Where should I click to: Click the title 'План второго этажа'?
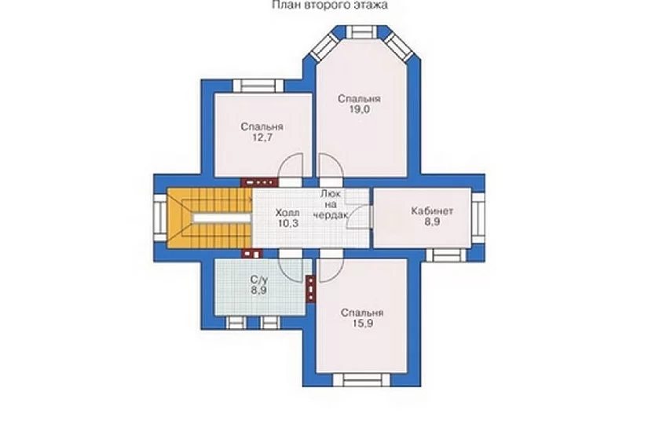tap(330, 5)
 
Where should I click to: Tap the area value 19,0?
tap(359, 109)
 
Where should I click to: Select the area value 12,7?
tap(262, 137)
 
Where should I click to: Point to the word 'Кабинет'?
tap(432, 211)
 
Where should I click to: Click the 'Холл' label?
tap(287, 214)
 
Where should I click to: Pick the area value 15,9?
tap(362, 324)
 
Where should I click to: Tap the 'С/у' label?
tap(258, 280)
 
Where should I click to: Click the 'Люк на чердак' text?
tap(331, 204)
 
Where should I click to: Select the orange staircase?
tap(210, 218)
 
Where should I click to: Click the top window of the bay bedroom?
tap(361, 32)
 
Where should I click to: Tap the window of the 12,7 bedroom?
tap(258, 86)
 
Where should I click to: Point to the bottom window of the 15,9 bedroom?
tap(361, 379)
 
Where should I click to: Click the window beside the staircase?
tap(160, 218)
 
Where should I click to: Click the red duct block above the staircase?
tap(259, 182)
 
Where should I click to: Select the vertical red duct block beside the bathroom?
tap(310, 288)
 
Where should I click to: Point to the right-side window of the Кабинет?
tap(478, 218)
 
